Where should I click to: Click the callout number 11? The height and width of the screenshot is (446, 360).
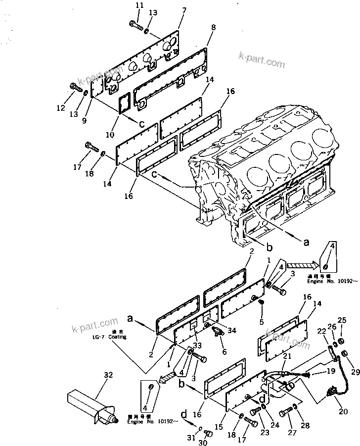(139, 5)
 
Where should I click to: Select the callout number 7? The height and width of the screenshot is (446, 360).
(184, 10)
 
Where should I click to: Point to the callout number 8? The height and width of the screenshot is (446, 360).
(213, 28)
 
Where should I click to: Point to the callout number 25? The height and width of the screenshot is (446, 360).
(342, 321)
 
